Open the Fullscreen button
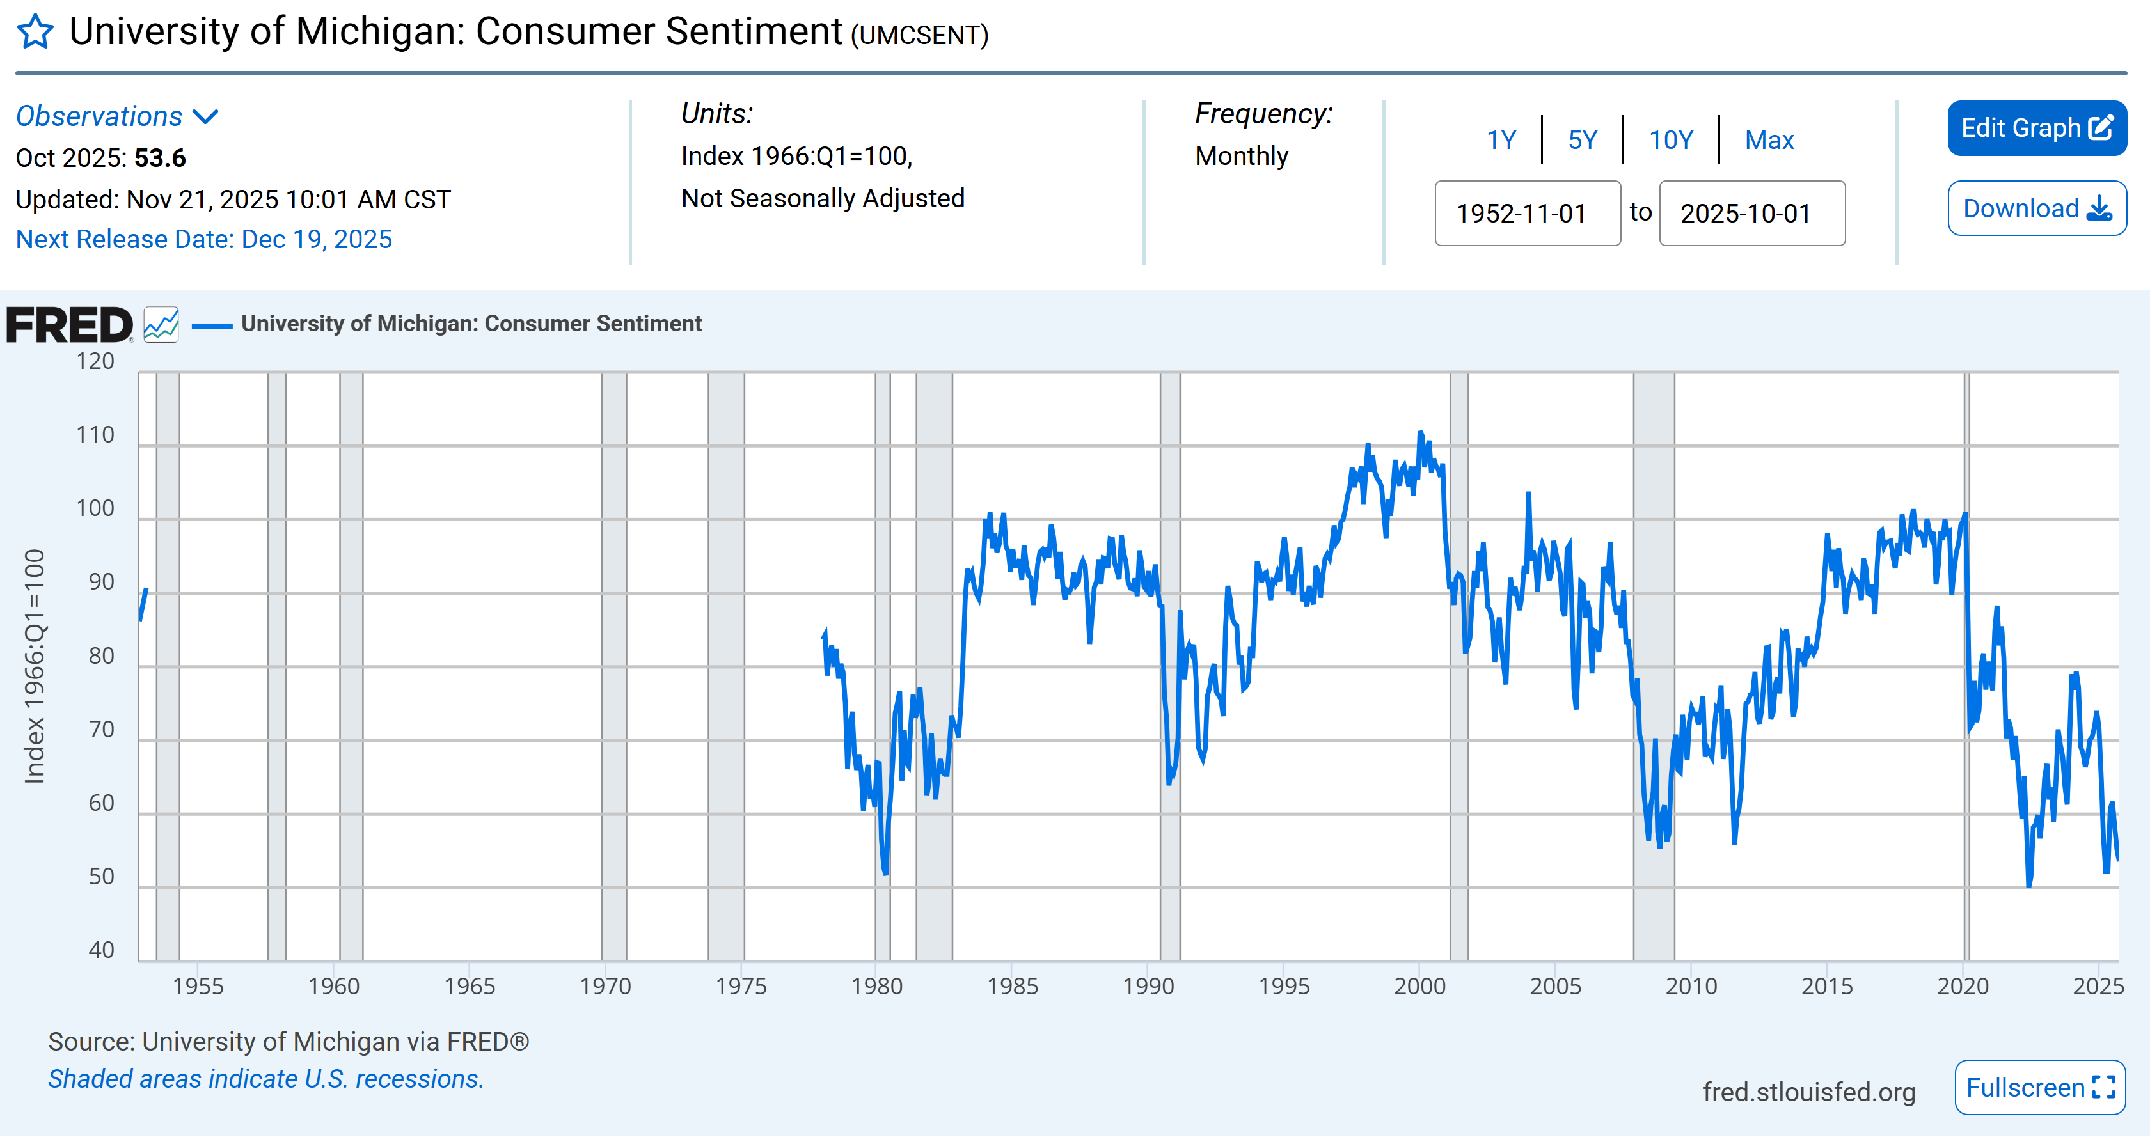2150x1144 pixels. pyautogui.click(x=2039, y=1087)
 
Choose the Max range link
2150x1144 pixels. pyautogui.click(x=1769, y=140)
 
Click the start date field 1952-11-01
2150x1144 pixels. pyautogui.click(x=1526, y=214)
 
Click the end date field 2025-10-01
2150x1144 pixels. pyautogui.click(x=1751, y=214)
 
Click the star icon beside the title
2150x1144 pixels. pyautogui.click(x=35, y=33)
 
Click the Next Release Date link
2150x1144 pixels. pyautogui.click(x=203, y=240)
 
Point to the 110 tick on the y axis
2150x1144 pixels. pyautogui.click(x=95, y=435)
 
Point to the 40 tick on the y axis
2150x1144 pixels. pyautogui.click(x=101, y=950)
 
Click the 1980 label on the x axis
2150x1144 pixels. pyautogui.click(x=876, y=986)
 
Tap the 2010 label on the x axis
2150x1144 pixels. pyautogui.click(x=1691, y=986)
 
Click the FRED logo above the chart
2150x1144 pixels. pyautogui.click(x=69, y=325)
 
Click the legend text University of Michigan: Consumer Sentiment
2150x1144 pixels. pyautogui.click(x=471, y=324)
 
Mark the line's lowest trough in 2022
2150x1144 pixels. pyautogui.click(x=2029, y=885)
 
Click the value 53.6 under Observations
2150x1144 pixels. pyautogui.click(x=159, y=159)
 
